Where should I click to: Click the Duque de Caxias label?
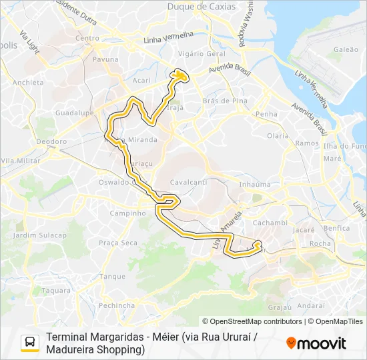pyautogui.click(x=211, y=7)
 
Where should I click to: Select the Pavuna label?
pyautogui.click(x=105, y=59)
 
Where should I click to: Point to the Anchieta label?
pyautogui.click(x=28, y=83)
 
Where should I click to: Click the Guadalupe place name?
pyautogui.click(x=74, y=113)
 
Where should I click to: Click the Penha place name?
pyautogui.click(x=266, y=114)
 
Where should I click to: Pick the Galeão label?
pyautogui.click(x=346, y=49)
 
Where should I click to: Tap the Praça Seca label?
pyautogui.click(x=117, y=243)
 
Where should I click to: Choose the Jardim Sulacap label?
pyautogui.click(x=39, y=235)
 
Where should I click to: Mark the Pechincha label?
pyautogui.click(x=117, y=305)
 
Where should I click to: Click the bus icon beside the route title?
pyautogui.click(x=30, y=343)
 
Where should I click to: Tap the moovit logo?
pyautogui.click(x=316, y=343)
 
